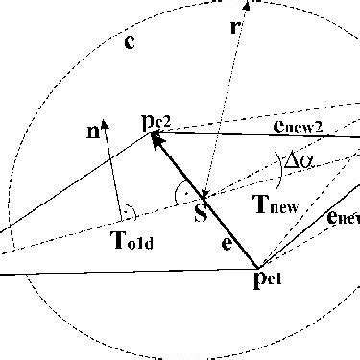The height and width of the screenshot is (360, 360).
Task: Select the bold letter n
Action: click(93, 133)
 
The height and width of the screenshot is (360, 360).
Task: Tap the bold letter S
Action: click(201, 213)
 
